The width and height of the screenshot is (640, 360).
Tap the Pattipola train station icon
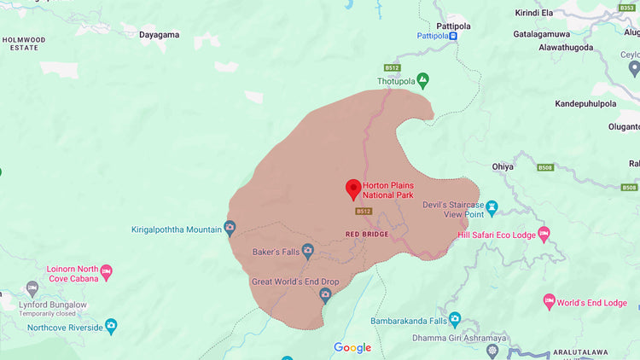tap(453, 36)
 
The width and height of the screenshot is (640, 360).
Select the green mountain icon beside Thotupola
tap(422, 81)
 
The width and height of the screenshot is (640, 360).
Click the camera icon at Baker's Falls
tap(308, 251)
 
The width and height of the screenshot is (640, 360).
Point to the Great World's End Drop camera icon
tap(325, 294)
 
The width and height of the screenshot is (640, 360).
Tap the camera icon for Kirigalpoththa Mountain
tap(229, 228)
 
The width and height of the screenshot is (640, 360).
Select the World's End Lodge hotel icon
tap(549, 302)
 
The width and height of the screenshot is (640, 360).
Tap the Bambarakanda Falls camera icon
tap(455, 320)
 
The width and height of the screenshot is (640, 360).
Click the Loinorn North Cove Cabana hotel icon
tap(107, 272)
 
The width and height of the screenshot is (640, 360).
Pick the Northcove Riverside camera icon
tap(110, 326)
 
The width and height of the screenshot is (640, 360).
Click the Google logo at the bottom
tap(352, 347)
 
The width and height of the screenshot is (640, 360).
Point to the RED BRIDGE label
tap(367, 234)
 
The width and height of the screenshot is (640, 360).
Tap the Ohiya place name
tap(503, 166)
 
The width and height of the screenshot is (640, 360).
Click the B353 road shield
tap(627, 8)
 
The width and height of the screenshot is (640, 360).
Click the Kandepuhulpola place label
tap(585, 103)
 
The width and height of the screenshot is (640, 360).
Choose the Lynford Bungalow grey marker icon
tap(32, 287)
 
